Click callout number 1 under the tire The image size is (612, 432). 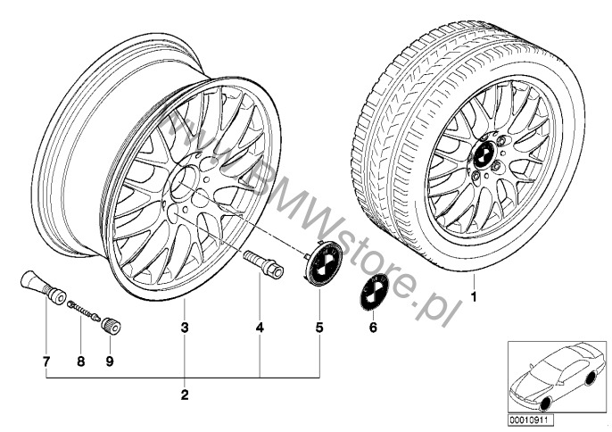(x=474, y=297)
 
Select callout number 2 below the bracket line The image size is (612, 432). (x=185, y=395)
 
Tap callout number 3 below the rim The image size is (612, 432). (x=185, y=328)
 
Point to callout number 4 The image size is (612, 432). (x=260, y=328)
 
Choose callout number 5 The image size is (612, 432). (x=319, y=328)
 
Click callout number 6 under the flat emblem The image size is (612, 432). (x=373, y=328)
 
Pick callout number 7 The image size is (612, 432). (x=46, y=361)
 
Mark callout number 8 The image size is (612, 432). (x=81, y=361)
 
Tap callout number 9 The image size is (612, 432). (x=110, y=361)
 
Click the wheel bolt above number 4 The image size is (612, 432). (x=264, y=264)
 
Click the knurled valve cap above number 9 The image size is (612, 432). (x=111, y=325)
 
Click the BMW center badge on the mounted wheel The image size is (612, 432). (x=484, y=154)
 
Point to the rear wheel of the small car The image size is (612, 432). (x=591, y=378)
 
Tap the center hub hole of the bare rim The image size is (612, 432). (x=184, y=181)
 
